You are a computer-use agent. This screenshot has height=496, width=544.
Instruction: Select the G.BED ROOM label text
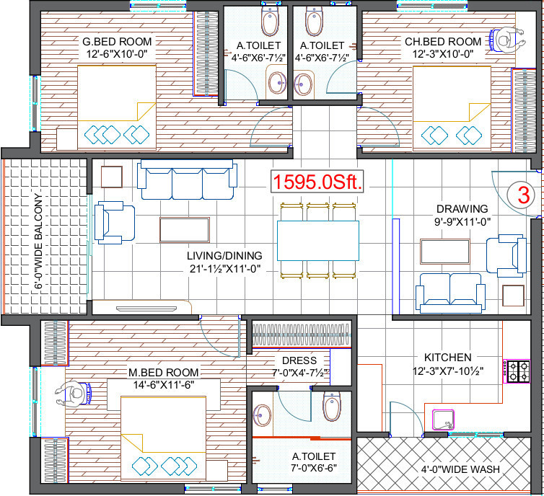point(116,41)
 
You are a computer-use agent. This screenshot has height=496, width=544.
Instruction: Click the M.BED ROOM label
point(163,372)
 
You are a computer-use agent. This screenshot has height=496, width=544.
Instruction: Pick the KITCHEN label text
point(447,358)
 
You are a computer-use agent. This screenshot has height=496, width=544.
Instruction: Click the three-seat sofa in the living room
point(187,180)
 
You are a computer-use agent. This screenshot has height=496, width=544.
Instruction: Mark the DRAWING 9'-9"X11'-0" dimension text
point(462,223)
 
